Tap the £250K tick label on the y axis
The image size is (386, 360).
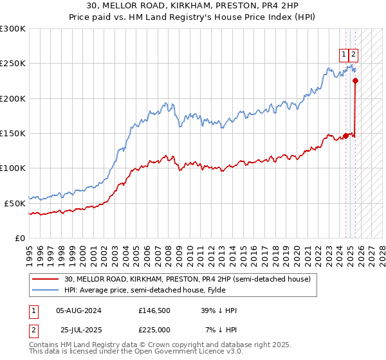tap(13, 64)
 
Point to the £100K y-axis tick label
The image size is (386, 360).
tap(13, 168)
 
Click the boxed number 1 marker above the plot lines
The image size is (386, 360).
tap(344, 55)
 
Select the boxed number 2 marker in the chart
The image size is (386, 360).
tap(354, 55)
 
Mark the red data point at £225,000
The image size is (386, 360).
tap(356, 80)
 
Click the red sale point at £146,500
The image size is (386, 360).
tap(345, 136)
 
